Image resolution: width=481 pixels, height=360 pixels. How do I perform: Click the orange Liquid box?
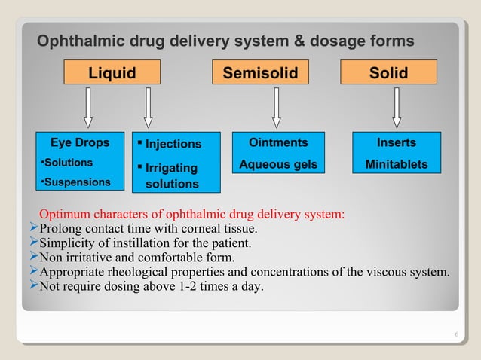(x=112, y=72)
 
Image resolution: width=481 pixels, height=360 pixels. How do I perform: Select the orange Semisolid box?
(x=261, y=72)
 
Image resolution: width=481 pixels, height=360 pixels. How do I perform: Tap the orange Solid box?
(x=388, y=72)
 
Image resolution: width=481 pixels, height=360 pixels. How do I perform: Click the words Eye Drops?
(x=79, y=142)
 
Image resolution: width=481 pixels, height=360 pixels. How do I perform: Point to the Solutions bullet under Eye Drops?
(x=66, y=163)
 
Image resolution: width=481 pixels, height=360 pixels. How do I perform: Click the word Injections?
(x=173, y=144)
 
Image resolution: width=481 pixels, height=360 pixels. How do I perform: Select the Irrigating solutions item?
(x=171, y=175)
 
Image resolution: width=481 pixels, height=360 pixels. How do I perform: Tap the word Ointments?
(x=278, y=142)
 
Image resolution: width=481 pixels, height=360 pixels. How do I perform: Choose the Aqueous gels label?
(x=278, y=164)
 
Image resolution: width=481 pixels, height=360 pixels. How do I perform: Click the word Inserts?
(x=396, y=142)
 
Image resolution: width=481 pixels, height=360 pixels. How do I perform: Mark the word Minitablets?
(x=396, y=164)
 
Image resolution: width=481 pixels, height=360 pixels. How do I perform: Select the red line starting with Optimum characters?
(x=192, y=214)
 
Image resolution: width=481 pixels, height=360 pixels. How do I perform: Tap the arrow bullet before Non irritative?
(x=32, y=256)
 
